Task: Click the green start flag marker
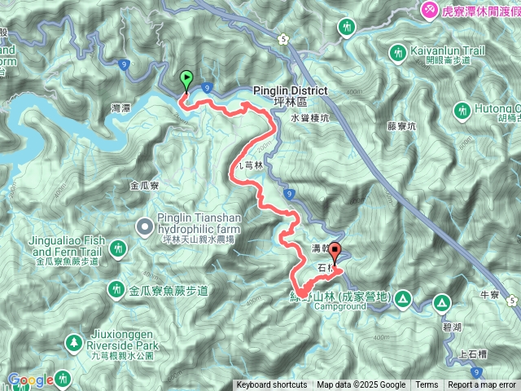186,81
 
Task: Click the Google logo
31,380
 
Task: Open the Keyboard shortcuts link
272,385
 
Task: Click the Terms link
427,385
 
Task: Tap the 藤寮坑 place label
401,125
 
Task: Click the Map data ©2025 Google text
361,385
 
